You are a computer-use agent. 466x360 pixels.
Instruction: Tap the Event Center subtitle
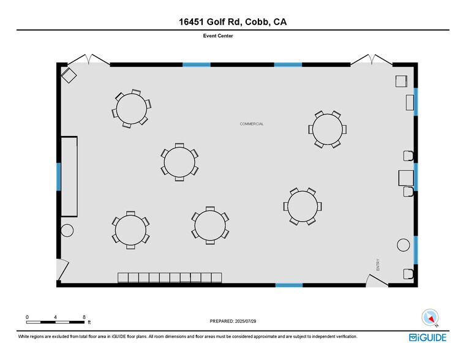[x=218, y=36]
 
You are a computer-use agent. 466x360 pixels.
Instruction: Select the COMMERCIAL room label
[x=252, y=124]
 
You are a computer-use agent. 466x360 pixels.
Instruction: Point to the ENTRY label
[x=378, y=264]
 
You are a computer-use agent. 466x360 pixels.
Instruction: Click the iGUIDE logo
[x=427, y=337]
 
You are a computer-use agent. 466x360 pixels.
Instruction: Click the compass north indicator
[x=430, y=318]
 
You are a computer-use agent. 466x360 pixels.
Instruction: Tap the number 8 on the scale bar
[x=84, y=317]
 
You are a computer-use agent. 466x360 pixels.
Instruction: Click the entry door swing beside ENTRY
[x=375, y=280]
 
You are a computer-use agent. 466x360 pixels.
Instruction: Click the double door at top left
[x=89, y=59]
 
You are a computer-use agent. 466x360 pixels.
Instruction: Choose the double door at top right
[x=372, y=59]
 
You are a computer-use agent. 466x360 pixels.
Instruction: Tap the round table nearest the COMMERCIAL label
[x=327, y=129]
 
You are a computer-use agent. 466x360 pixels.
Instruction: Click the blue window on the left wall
[x=59, y=177]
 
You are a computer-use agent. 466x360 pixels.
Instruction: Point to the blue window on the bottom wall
[x=289, y=285]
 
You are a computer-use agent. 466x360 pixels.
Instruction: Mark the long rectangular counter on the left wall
[x=69, y=176]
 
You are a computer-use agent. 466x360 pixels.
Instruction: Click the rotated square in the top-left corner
[x=69, y=75]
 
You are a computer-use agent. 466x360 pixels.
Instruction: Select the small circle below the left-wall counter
[x=67, y=230]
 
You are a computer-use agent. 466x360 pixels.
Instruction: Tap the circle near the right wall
[x=404, y=245]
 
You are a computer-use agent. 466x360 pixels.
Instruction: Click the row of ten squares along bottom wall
[x=170, y=278]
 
